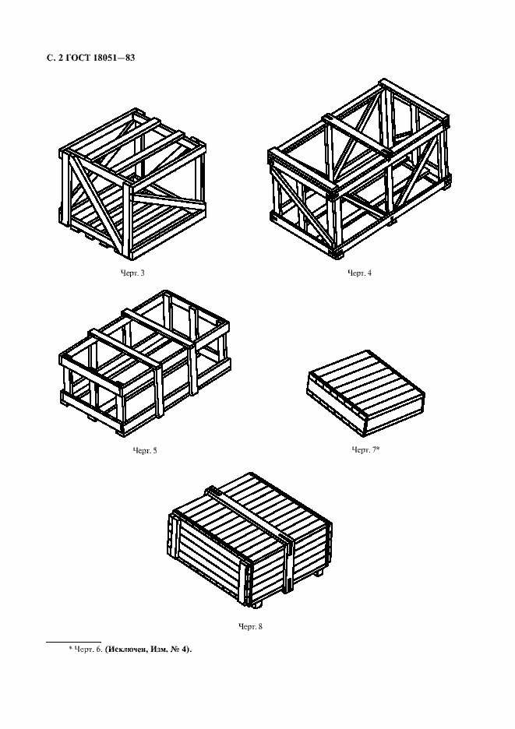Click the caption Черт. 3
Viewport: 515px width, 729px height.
point(132,273)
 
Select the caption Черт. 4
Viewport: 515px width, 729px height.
point(360,273)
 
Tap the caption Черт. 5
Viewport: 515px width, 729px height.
point(145,450)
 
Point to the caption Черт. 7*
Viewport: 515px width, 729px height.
point(365,449)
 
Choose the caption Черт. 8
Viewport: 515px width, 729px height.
point(250,626)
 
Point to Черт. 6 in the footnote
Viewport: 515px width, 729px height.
point(87,649)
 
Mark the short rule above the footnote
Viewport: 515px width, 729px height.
point(73,642)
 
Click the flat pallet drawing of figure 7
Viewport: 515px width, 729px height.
point(365,393)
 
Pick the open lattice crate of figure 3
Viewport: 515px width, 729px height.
point(132,184)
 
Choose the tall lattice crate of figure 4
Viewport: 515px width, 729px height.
point(359,168)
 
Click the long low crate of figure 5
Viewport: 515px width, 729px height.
point(145,364)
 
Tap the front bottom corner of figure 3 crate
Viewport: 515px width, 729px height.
point(129,258)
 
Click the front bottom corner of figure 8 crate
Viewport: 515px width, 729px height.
point(246,604)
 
